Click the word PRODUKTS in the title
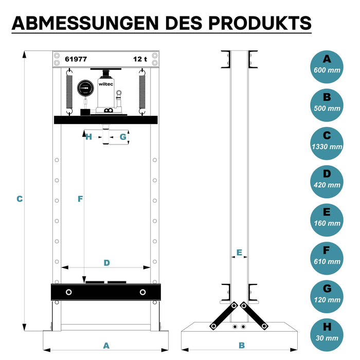260,23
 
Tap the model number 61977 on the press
76,59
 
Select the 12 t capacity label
140,59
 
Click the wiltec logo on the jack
106,84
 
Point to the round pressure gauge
86,88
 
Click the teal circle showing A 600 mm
327,67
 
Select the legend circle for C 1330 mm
327,143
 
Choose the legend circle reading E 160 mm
327,220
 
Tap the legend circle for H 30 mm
327,335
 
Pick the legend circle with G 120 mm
327,297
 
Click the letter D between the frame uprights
107,263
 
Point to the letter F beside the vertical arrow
80,199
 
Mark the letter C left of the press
20,199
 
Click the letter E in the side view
239,253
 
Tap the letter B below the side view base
242,345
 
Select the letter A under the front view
106,346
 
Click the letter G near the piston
123,137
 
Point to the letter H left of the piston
88,137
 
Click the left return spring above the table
69,92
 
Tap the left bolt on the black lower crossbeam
68,292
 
